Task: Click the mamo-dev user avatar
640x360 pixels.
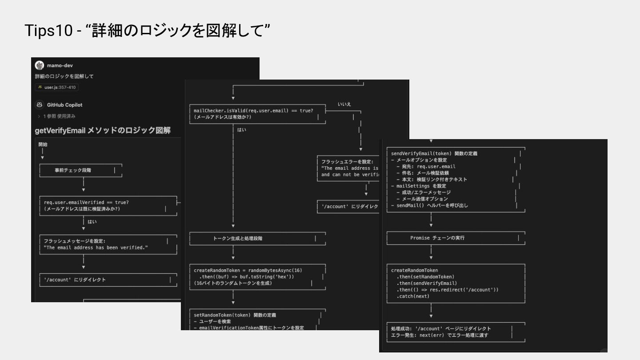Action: [40, 65]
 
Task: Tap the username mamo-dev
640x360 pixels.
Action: [60, 65]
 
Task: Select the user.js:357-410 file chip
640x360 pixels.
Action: [57, 87]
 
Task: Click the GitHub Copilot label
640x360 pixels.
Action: [65, 105]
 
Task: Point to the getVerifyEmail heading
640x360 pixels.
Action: [103, 130]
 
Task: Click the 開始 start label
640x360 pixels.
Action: [43, 144]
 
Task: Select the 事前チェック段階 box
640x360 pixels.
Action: [73, 170]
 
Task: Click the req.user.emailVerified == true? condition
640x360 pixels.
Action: [86, 202]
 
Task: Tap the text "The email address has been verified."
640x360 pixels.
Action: [96, 248]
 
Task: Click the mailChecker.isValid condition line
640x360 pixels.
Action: [253, 111]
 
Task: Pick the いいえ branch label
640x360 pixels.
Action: [344, 104]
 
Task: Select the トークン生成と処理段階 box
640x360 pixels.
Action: [238, 239]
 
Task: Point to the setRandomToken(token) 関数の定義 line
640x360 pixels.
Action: [235, 315]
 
